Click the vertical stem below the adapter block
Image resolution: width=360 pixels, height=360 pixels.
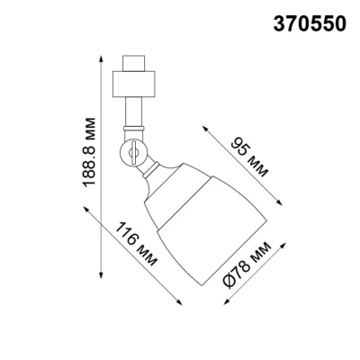133,117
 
